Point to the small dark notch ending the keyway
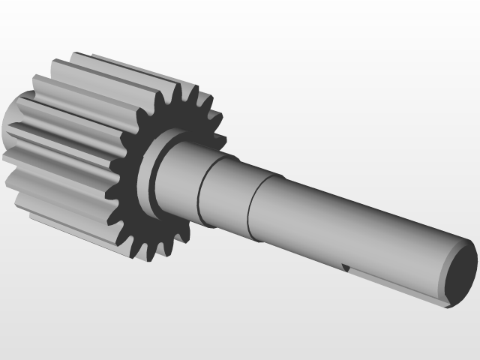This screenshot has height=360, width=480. coord(346,266)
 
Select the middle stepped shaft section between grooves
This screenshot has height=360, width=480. coord(225,191)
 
